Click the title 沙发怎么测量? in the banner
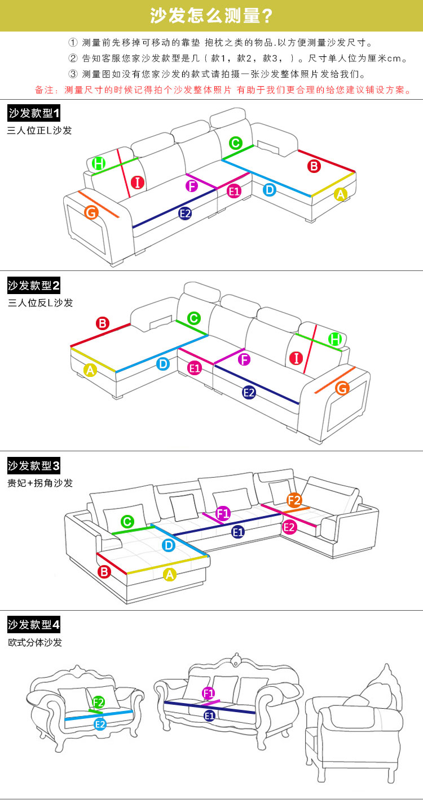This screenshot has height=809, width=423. click(211, 16)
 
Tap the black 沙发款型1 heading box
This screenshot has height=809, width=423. click(34, 113)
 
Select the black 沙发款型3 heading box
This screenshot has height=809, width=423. click(34, 465)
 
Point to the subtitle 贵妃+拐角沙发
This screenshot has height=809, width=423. click(40, 483)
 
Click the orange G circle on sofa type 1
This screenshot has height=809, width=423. click(91, 212)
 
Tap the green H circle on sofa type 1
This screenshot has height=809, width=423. click(98, 163)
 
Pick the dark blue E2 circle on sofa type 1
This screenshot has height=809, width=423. click(185, 214)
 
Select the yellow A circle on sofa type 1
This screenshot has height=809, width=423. click(341, 194)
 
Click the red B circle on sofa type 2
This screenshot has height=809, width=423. click(103, 323)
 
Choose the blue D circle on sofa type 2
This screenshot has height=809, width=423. click(163, 364)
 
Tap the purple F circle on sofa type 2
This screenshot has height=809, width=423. click(244, 359)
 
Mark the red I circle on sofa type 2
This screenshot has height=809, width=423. click(296, 358)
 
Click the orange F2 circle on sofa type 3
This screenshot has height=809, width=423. click(294, 500)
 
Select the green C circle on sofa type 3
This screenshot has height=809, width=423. click(127, 522)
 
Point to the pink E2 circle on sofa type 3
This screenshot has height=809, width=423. click(289, 528)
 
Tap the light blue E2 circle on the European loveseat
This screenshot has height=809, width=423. click(100, 724)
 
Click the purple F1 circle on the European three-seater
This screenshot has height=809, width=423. click(209, 693)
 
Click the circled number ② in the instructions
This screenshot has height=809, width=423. click(73, 58)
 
